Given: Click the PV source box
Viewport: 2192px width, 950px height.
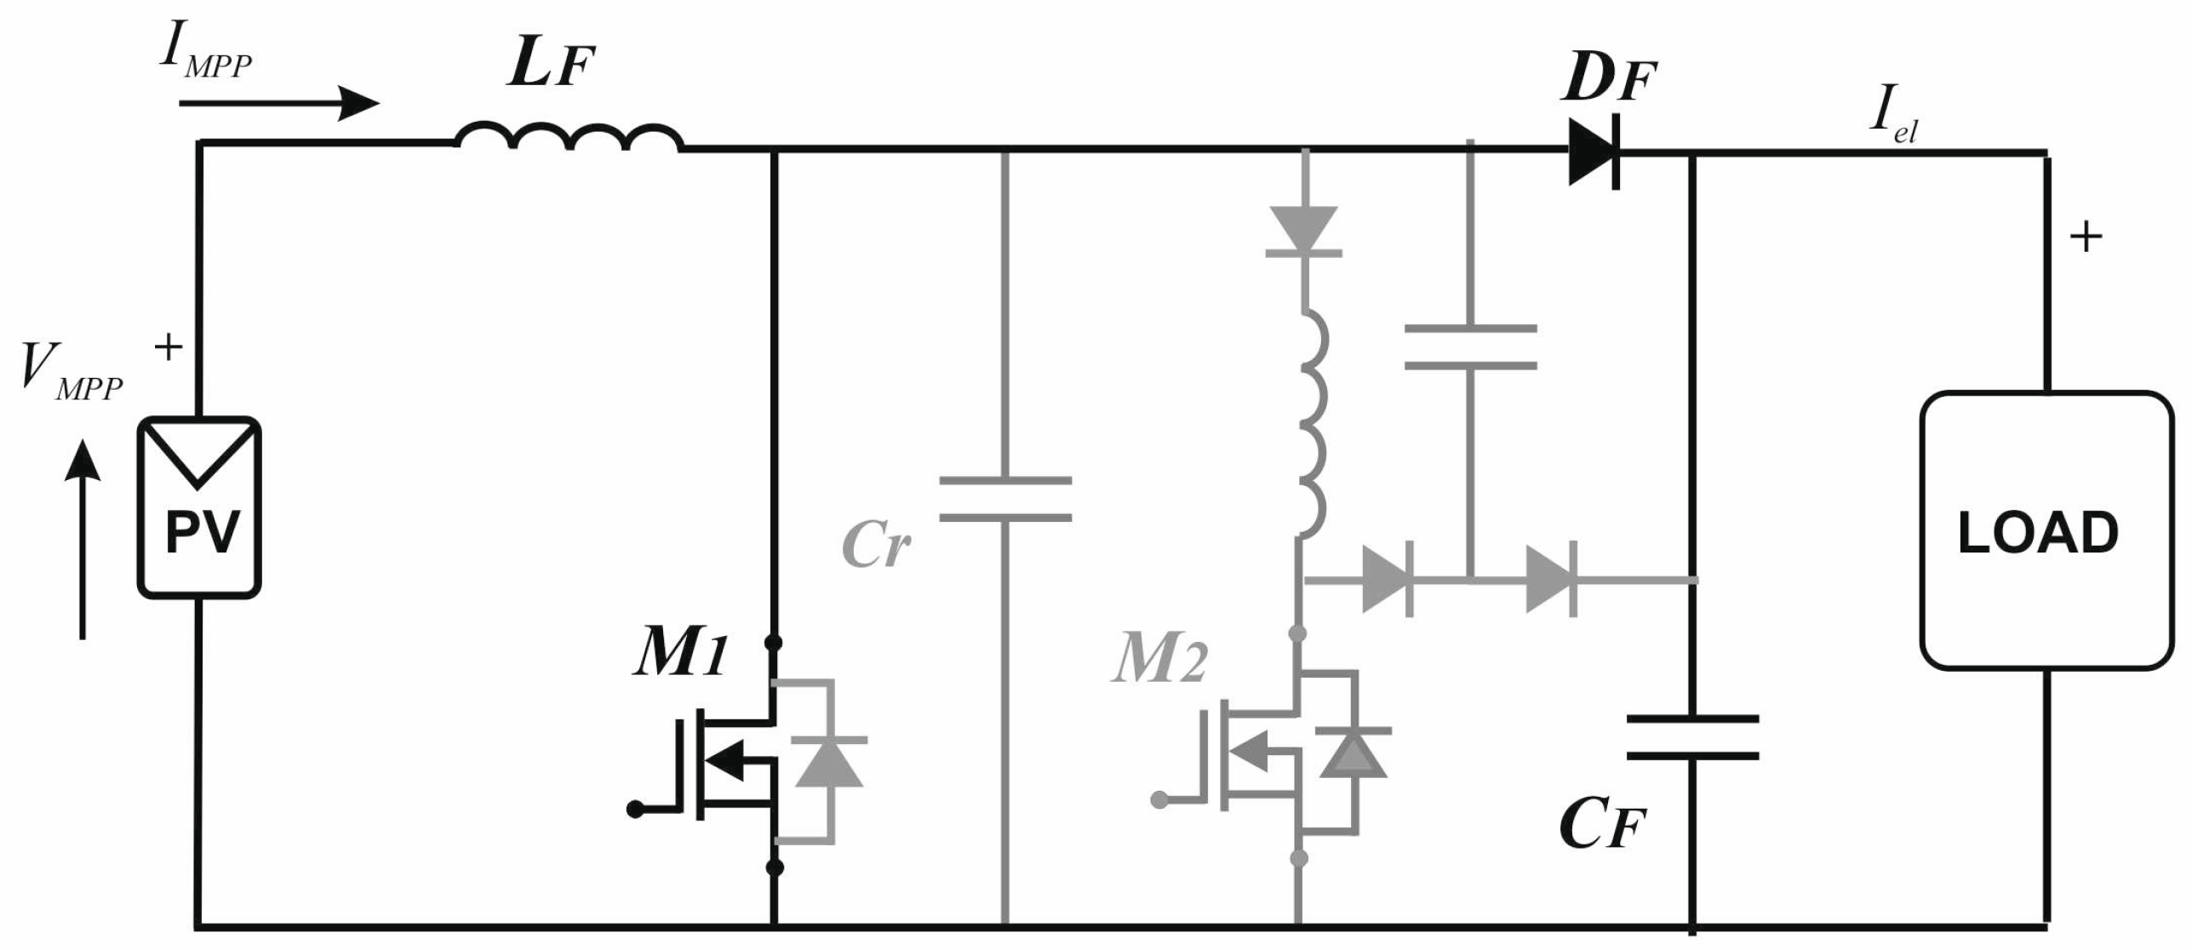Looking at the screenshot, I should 199,507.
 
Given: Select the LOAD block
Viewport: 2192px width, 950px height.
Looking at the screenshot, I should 2046,530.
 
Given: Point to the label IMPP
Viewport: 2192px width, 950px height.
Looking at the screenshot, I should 206,55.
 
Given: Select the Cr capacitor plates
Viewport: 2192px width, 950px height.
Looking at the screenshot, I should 1005,499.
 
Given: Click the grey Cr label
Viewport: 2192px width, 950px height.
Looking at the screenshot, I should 875,545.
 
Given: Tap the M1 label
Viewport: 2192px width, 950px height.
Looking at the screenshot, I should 680,655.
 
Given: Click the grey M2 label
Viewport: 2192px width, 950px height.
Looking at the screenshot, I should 1159,660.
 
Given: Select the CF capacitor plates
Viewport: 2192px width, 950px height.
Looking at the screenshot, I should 1692,737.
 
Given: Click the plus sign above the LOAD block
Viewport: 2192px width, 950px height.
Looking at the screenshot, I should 2086,237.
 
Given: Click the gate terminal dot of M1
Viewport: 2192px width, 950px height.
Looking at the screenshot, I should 635,810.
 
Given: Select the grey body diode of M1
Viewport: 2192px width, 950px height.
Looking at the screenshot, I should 827,761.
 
